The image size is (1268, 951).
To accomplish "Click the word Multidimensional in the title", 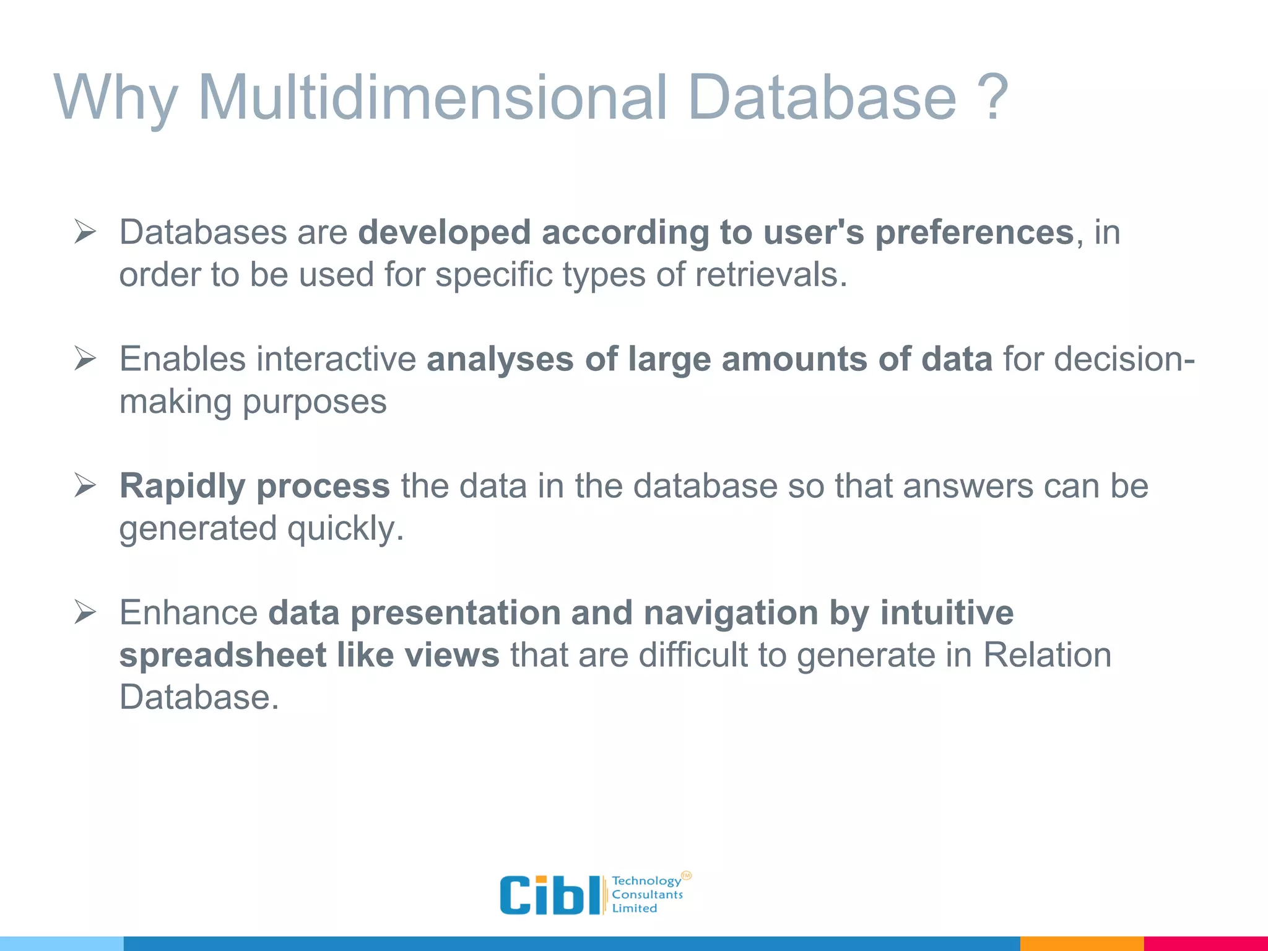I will (431, 97).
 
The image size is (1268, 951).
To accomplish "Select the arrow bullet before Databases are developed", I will (85, 232).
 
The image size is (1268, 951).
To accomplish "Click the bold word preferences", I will (974, 233).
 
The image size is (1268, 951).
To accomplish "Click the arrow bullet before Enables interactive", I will (85, 358).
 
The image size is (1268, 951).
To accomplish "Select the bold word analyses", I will (500, 360).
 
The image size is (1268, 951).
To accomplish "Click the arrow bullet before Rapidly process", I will (85, 485).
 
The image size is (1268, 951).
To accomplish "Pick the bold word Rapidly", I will (183, 487).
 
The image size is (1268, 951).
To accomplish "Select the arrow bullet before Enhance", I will (85, 612).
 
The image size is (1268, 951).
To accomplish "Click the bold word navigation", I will (731, 614).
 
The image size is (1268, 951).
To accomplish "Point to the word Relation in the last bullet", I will (1046, 655).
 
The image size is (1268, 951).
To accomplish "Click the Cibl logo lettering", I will (549, 895).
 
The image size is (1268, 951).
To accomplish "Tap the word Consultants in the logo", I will (647, 895).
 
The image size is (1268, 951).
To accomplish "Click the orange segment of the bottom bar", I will (1081, 944).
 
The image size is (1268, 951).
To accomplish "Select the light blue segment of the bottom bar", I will (62, 944).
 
